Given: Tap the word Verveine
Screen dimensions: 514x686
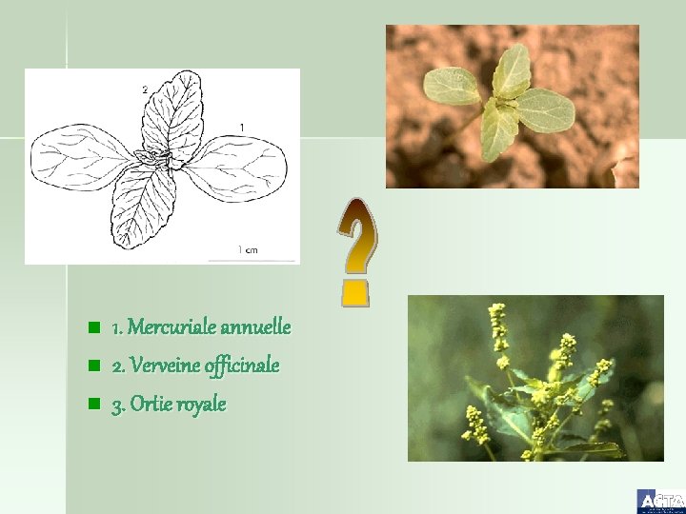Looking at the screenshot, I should pyautogui.click(x=163, y=366).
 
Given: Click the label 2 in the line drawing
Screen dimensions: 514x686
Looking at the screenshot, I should pyautogui.click(x=145, y=89).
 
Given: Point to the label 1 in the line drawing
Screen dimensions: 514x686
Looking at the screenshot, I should pyautogui.click(x=242, y=127).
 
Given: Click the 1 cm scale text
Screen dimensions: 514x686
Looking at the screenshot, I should pyautogui.click(x=247, y=251).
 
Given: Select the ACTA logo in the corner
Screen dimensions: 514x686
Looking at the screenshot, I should pyautogui.click(x=660, y=501).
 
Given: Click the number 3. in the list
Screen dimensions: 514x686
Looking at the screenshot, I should pyautogui.click(x=118, y=405).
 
